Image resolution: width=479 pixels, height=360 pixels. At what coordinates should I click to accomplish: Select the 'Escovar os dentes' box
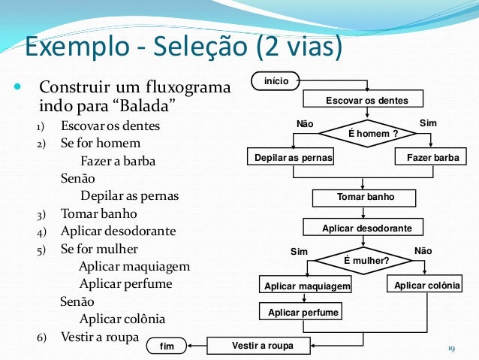(x=363, y=100)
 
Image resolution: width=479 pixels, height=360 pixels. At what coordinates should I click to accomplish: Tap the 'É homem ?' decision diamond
(x=366, y=133)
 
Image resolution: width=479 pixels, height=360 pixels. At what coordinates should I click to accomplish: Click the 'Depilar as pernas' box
(x=291, y=157)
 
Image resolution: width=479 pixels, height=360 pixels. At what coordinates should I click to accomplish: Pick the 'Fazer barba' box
(x=431, y=157)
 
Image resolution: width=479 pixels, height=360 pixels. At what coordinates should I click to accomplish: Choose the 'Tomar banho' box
(x=364, y=197)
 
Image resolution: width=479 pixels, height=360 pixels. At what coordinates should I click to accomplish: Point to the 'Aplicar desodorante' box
(x=363, y=227)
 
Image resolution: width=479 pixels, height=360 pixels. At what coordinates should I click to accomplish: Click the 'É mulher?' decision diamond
(x=366, y=261)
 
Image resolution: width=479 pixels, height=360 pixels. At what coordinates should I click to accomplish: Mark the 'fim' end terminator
(x=167, y=346)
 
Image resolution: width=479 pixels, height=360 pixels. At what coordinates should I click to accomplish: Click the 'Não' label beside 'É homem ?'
(x=306, y=123)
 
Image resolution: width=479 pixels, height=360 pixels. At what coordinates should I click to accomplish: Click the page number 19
(x=451, y=347)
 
